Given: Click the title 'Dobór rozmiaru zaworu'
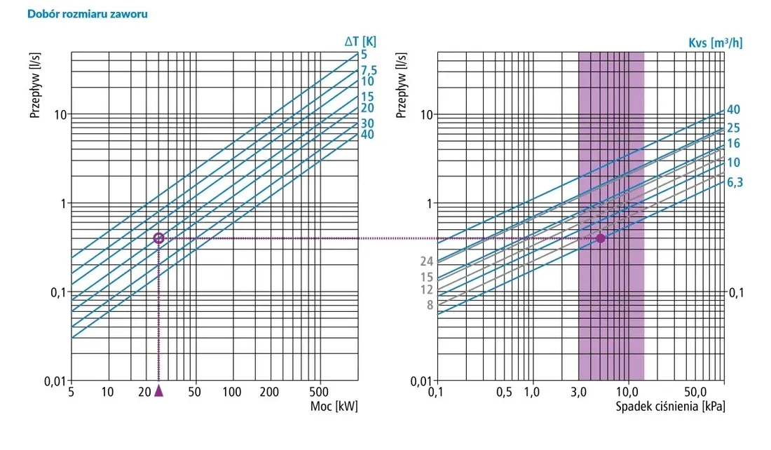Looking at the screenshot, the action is click(88, 14).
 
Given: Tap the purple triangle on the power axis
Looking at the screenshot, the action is click(159, 390).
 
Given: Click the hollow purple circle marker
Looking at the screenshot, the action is click(159, 238).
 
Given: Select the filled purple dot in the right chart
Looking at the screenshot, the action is click(601, 238).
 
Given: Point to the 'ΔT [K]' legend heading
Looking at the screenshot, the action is click(360, 41).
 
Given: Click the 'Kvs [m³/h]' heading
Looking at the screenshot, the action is click(716, 43).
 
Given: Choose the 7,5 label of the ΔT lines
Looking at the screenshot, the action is click(369, 70).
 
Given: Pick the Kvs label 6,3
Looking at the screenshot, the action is click(735, 182).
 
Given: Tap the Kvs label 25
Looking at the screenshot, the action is click(734, 128).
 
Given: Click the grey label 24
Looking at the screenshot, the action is click(427, 261).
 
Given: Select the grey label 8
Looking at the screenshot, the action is click(430, 305).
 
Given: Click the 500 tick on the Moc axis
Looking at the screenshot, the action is click(319, 392).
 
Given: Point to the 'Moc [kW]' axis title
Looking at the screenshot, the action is click(334, 407).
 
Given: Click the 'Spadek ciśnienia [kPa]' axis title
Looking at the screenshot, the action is click(671, 407).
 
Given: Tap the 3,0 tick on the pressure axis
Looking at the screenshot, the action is click(579, 392).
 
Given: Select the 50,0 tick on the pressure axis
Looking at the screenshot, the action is click(695, 392).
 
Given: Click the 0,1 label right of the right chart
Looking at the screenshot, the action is click(737, 293).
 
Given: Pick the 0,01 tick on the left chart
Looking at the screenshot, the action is click(55, 381).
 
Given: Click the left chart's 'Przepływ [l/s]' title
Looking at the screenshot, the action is click(34, 86).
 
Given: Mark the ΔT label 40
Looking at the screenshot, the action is click(367, 135).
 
